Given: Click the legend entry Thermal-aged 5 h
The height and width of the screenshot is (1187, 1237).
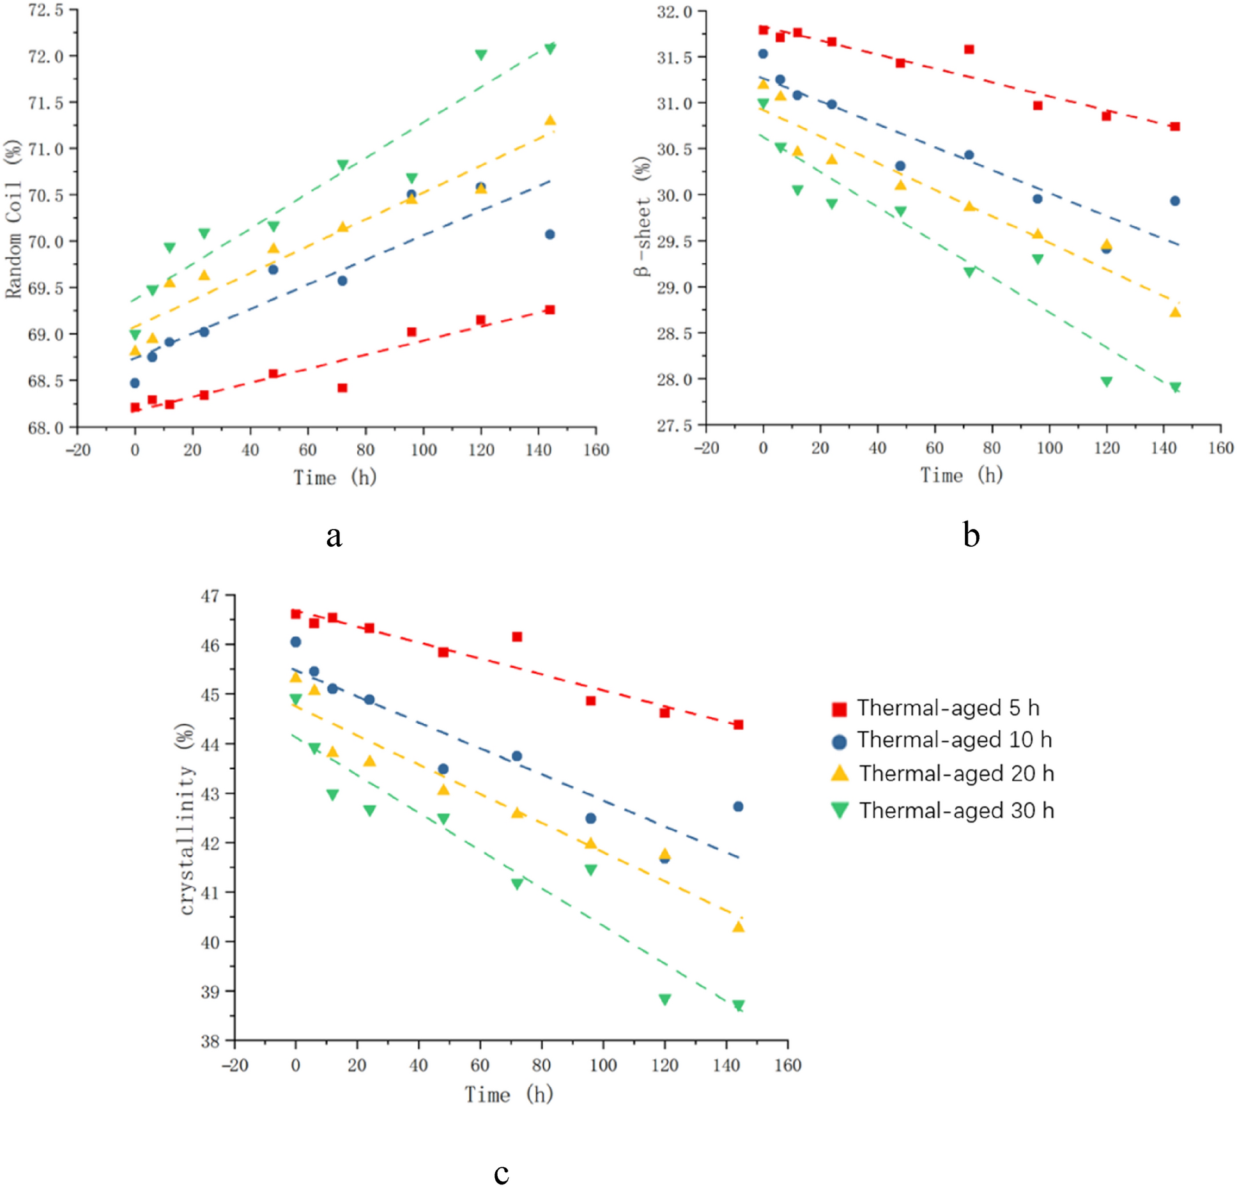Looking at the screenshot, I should (947, 708).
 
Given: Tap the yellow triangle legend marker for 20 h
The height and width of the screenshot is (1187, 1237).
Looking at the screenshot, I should (840, 773).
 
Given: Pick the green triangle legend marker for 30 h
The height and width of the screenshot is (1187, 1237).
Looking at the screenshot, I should (840, 810).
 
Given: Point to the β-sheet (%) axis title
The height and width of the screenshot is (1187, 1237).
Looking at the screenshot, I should (642, 216).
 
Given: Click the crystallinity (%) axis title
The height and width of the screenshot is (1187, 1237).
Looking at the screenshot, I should (186, 819).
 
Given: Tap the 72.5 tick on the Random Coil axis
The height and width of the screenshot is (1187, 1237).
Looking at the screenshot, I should (46, 10).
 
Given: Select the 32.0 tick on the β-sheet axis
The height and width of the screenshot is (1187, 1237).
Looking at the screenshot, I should (674, 11).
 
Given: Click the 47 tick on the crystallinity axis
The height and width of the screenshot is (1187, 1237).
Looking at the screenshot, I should (210, 596).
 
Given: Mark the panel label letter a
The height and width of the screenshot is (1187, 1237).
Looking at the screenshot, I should (334, 535).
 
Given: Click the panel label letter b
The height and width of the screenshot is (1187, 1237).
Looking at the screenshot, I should (971, 534).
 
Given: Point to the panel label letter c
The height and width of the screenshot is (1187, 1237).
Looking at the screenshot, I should (501, 1172).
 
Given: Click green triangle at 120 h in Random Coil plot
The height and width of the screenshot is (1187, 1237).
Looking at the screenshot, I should (481, 55).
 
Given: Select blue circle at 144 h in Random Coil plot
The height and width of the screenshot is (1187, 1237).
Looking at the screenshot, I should (549, 234).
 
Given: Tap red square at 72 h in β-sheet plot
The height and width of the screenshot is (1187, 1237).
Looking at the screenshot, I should (969, 49).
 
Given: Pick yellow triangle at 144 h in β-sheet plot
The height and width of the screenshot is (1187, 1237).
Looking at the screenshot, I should (1174, 312).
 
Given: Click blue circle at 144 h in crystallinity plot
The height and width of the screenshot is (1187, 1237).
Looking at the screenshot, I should (738, 807).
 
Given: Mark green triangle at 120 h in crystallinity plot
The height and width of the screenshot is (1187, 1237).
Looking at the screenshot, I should (665, 999).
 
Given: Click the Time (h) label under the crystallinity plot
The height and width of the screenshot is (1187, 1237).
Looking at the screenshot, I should (509, 1094).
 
